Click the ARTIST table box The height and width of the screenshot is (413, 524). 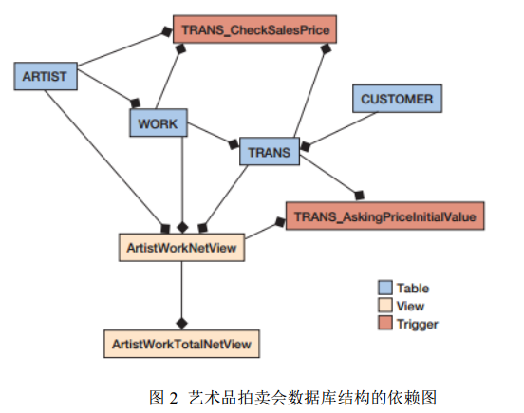point(46,76)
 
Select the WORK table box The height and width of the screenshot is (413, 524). point(159,122)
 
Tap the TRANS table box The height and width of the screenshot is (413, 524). point(270,151)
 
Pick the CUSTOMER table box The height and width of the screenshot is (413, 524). point(398,99)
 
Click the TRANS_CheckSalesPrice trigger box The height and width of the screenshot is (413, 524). point(254,29)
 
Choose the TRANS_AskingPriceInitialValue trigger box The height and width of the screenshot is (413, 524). point(385,216)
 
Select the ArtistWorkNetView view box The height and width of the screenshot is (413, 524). point(182,247)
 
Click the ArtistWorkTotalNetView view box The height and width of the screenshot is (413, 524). point(182,344)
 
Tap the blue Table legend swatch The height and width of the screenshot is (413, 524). point(385,288)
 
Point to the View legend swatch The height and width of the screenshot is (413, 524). point(385,305)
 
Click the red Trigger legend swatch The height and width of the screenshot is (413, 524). point(385,323)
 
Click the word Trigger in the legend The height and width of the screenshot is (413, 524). point(417,324)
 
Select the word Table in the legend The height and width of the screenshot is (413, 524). point(413,288)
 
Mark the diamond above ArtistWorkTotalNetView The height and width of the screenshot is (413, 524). point(182,324)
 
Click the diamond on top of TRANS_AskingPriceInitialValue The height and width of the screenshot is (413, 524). point(359,196)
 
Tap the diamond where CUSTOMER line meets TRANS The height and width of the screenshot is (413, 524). point(305,146)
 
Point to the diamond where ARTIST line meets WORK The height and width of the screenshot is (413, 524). point(136,103)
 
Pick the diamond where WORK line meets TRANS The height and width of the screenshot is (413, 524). point(234,144)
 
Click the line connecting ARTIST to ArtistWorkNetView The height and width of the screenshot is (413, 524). point(105,160)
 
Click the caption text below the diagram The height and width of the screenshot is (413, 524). point(292,398)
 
